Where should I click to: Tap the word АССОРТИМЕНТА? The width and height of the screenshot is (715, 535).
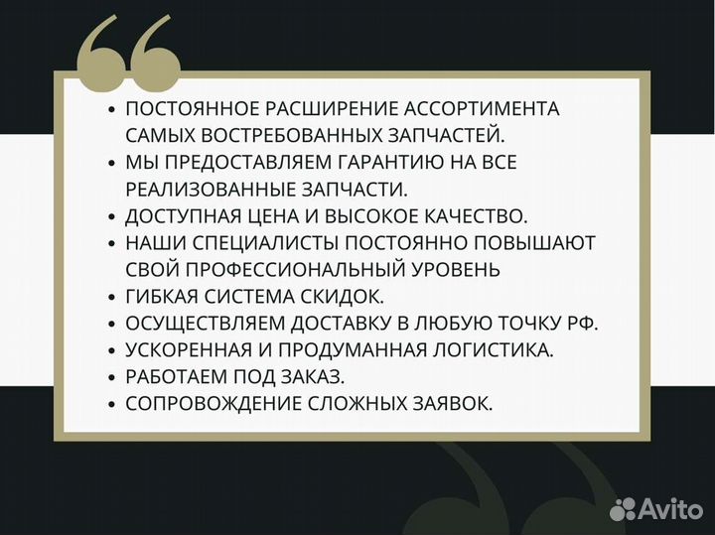tap(490, 108)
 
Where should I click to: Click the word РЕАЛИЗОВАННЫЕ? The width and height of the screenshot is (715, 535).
tap(209, 189)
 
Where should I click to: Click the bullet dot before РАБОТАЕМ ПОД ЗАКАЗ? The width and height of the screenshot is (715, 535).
tap(113, 377)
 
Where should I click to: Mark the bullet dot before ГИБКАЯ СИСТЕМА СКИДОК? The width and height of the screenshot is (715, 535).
tap(113, 297)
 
